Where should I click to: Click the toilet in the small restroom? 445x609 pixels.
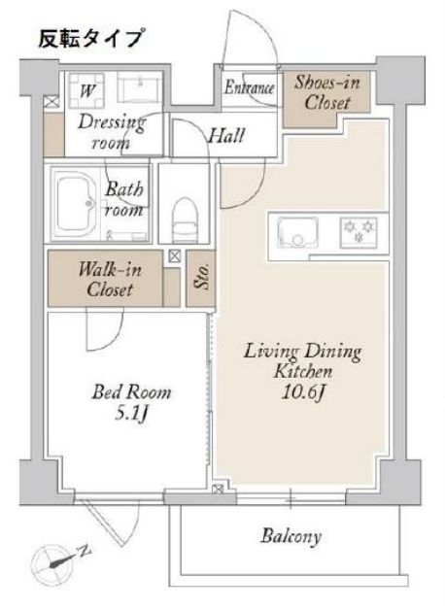click(x=183, y=220)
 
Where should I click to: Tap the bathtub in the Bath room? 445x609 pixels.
click(x=76, y=204)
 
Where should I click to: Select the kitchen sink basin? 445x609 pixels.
click(x=297, y=232)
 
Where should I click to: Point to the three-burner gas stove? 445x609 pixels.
click(x=359, y=232)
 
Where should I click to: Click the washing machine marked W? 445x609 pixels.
click(x=86, y=91)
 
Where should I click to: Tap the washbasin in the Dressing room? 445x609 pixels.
click(x=140, y=88)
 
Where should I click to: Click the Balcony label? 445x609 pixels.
click(x=291, y=536)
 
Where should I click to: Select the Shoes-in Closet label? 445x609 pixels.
click(x=327, y=92)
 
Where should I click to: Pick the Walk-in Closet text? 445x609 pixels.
click(x=110, y=280)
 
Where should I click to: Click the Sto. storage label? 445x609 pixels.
click(x=201, y=277)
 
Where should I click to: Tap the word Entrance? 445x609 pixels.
click(x=250, y=87)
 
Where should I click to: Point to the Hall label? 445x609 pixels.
click(x=227, y=136)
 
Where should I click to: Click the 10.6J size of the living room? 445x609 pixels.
click(x=303, y=393)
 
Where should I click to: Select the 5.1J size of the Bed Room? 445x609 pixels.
click(x=132, y=414)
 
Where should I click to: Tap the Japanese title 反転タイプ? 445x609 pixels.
click(x=92, y=38)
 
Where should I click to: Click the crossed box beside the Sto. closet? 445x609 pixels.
click(x=175, y=256)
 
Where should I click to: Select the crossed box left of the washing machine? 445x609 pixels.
click(x=51, y=103)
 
